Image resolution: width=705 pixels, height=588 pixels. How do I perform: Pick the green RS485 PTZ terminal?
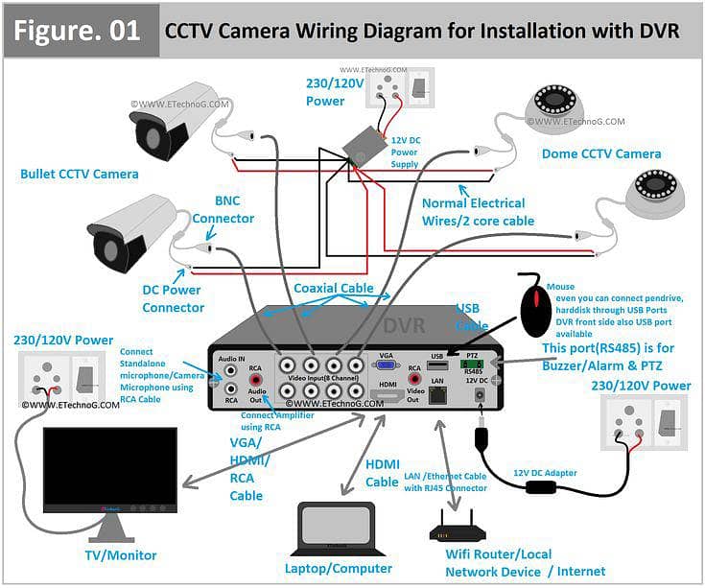coord(473,364)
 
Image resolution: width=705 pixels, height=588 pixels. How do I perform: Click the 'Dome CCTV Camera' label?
coord(600,153)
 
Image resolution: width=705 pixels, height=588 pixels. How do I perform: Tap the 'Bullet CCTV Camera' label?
coord(79,175)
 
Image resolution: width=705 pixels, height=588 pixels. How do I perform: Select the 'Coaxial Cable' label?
coord(333,288)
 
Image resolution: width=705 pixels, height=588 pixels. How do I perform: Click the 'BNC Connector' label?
coord(223,211)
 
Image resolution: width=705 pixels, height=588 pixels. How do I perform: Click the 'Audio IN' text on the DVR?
coord(231,358)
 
